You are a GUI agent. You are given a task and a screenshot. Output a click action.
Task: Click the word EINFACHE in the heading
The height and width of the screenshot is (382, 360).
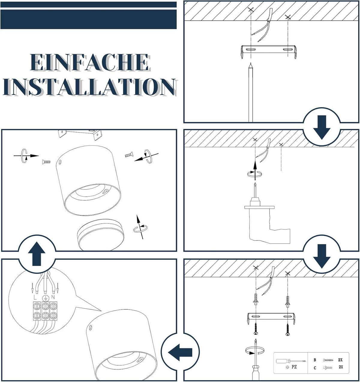pos(90,62)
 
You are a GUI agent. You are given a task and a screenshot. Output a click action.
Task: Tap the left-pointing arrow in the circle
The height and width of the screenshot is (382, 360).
pos(180,352)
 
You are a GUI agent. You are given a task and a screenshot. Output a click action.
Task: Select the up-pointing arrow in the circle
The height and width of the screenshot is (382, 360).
pos(37,253)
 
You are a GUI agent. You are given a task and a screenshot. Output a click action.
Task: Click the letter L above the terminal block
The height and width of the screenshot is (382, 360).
pos(35,297)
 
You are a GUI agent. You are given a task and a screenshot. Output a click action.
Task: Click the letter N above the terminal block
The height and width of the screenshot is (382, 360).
pos(53,297)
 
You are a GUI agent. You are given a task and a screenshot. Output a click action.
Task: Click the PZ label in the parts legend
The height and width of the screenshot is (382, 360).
pos(294,367)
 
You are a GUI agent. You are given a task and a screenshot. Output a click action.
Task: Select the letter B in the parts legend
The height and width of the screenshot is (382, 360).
pos(315,360)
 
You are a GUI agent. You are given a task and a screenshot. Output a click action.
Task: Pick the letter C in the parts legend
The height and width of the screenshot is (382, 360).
pos(315,368)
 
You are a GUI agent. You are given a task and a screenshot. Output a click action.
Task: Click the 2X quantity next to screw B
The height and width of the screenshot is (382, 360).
pos(340,360)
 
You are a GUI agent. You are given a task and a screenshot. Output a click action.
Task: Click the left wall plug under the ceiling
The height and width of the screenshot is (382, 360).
pos(256,299)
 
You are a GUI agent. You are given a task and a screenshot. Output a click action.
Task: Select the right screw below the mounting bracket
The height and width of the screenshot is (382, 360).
pos(287,329)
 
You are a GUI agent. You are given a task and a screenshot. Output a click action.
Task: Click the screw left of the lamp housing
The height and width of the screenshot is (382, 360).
pos(46,162)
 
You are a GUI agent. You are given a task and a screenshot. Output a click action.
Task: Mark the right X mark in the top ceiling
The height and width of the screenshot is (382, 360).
pos(288,17)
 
